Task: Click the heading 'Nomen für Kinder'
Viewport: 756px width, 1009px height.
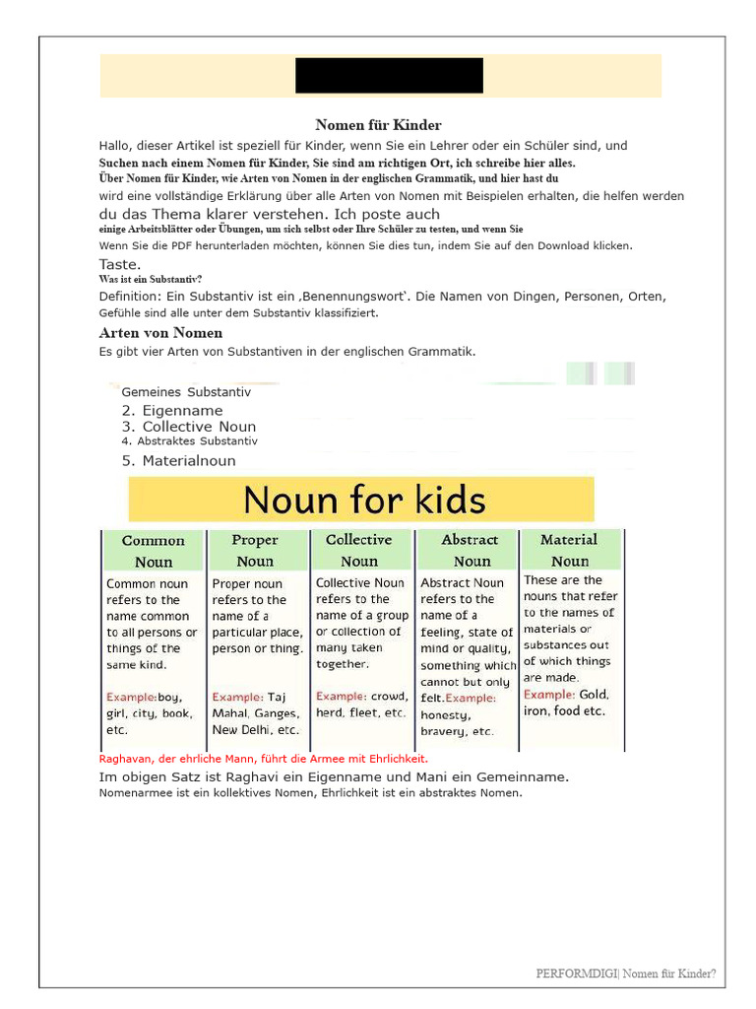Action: [x=378, y=125]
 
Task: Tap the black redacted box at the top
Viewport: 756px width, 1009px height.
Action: [x=389, y=76]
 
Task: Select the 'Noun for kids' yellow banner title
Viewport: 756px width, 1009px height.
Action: [x=363, y=500]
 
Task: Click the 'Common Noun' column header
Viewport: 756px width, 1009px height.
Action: [x=153, y=551]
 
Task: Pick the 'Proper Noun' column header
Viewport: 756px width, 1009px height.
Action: [x=255, y=551]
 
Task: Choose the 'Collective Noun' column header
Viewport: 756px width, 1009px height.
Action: [x=358, y=550]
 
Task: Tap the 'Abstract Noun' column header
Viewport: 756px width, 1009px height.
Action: [x=471, y=550]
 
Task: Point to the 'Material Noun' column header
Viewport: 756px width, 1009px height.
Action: [x=569, y=550]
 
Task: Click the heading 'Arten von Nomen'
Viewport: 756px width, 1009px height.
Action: [x=160, y=333]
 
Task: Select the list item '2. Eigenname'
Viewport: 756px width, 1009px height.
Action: [x=172, y=411]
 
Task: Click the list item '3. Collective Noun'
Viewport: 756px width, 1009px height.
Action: [x=189, y=427]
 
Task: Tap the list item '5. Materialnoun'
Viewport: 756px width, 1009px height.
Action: [x=179, y=460]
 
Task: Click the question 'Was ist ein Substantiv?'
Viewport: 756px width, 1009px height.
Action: [x=150, y=279]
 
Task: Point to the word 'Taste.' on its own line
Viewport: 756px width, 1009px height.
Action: [x=120, y=264]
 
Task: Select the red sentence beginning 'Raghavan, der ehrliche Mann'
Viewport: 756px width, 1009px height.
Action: [x=264, y=759]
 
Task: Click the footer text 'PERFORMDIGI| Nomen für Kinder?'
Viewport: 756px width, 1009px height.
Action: [x=626, y=974]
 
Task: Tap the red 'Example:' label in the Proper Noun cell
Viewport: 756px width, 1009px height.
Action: [x=237, y=698]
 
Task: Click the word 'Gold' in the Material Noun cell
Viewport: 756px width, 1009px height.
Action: [x=594, y=695]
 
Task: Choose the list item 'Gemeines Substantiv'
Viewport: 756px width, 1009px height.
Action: [x=186, y=392]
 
